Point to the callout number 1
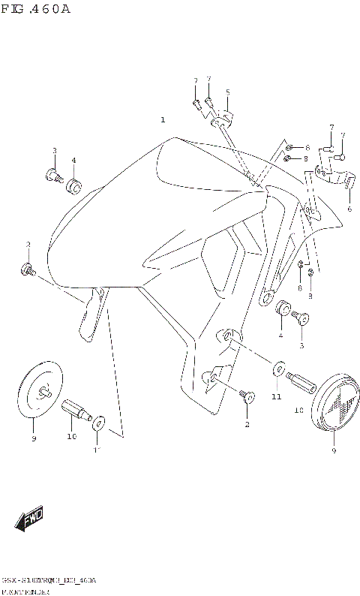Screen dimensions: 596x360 [x=162, y=120]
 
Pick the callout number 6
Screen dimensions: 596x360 [x=349, y=209]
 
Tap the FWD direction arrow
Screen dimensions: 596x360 [x=30, y=517]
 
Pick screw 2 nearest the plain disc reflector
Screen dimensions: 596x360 [x=28, y=269]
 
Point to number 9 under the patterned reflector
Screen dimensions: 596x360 [x=334, y=452]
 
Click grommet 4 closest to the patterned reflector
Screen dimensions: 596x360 [x=283, y=309]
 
